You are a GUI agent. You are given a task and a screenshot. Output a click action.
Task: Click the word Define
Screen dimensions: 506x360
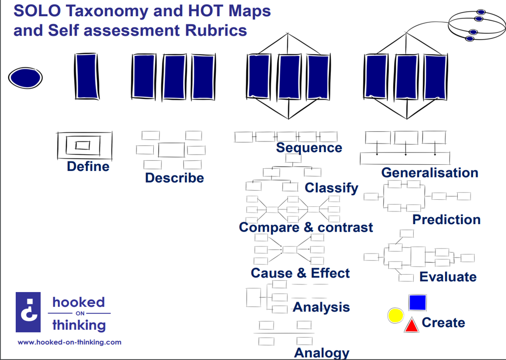tap(88, 167)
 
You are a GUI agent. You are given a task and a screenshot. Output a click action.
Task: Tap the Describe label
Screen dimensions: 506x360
tap(174, 178)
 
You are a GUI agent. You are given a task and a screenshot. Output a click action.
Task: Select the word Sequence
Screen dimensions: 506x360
tap(309, 148)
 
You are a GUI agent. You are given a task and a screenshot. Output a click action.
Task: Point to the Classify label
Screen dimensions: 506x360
tap(331, 188)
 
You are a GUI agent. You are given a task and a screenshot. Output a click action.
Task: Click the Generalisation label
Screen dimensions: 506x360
tap(429, 173)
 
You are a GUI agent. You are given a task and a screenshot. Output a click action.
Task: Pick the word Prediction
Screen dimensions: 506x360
tap(446, 220)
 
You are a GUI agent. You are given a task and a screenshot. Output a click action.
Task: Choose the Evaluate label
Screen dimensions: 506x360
tap(448, 277)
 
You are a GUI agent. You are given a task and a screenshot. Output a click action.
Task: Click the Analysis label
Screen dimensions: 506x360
tap(321, 307)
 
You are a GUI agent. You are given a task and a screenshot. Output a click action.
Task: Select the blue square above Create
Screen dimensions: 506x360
tap(418, 302)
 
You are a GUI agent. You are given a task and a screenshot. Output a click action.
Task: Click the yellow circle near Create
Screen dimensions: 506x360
tap(396, 315)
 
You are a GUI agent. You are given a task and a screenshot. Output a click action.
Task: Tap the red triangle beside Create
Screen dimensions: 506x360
tap(412, 326)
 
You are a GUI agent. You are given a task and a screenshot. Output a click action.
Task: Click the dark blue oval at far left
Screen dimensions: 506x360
tap(25, 78)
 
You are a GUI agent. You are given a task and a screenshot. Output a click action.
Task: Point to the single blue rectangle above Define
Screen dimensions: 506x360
tap(86, 77)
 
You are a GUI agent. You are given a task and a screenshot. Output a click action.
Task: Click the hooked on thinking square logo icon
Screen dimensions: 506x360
tap(28, 312)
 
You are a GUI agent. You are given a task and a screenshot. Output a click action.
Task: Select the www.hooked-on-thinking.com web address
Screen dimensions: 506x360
tap(70, 342)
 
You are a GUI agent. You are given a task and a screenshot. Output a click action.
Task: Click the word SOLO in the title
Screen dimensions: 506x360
tap(37, 11)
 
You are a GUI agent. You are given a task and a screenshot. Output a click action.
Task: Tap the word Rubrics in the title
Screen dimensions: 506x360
tap(216, 30)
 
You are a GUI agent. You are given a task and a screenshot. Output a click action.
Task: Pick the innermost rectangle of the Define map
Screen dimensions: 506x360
tap(83, 146)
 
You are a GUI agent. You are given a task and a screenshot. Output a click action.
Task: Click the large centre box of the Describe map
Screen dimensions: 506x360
tap(172, 150)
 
